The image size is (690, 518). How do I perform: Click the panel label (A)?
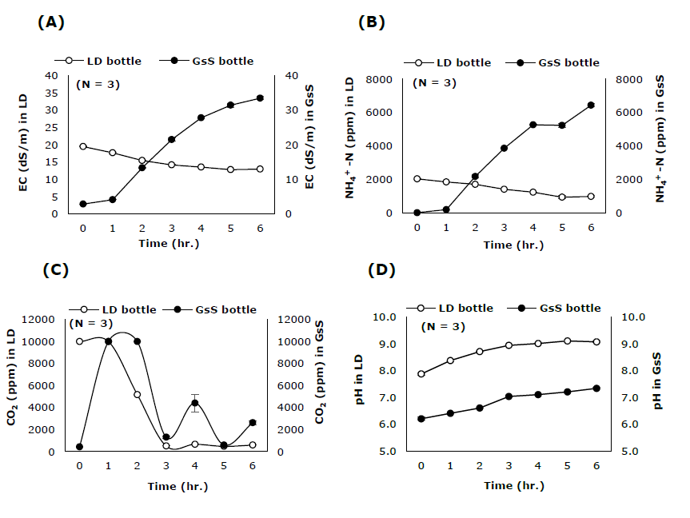coord(50,22)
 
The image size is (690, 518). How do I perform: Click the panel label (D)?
coord(381,269)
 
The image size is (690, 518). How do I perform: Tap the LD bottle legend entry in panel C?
coord(102,309)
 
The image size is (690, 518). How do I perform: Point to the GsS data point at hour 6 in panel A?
coord(260,98)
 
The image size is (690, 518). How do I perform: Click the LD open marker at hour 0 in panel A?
coord(82,146)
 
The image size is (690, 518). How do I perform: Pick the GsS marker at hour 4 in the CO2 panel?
coord(194,403)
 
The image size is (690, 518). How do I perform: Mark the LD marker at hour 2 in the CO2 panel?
coord(137,395)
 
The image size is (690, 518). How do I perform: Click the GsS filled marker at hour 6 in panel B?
coord(592,105)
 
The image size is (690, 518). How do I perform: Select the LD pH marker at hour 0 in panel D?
coord(421,373)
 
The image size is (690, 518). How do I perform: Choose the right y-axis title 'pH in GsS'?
coord(658,384)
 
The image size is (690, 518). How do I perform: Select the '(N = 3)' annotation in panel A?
coord(98,84)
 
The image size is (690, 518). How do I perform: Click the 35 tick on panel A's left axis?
coord(50,93)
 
